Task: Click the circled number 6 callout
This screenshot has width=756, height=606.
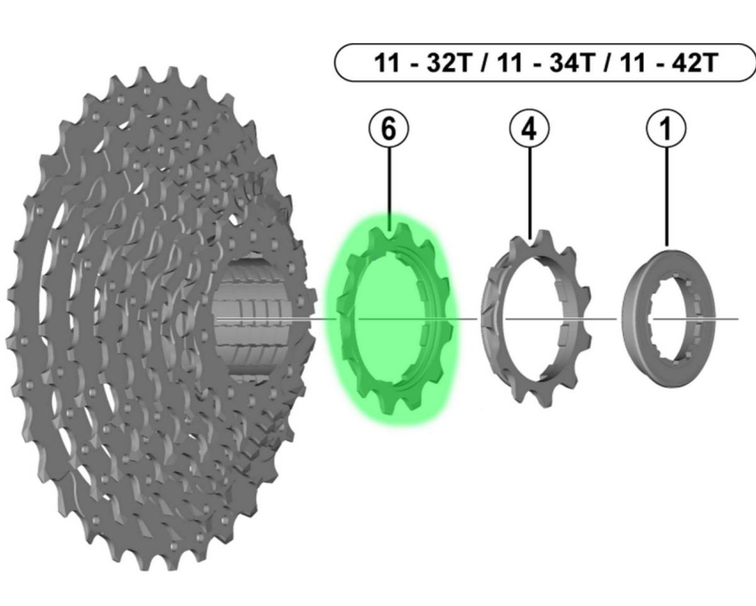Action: (389, 129)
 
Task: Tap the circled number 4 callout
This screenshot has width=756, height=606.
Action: (529, 129)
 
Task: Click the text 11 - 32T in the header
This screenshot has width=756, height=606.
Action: (422, 64)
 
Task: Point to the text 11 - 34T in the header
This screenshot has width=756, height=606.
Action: (545, 64)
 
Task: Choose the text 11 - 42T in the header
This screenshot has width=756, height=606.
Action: (668, 64)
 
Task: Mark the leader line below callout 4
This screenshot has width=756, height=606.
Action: (530, 189)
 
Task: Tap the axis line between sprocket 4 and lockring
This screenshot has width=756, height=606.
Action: (605, 319)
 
